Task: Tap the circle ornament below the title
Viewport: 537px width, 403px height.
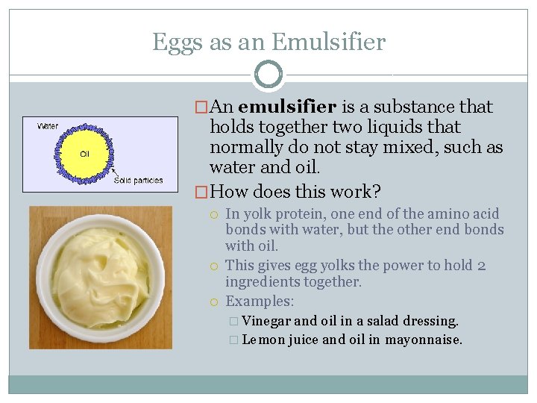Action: [268, 75]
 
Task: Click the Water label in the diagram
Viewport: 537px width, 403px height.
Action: [48, 125]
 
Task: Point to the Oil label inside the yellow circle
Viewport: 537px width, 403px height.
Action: [86, 154]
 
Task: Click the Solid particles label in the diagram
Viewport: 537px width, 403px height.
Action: [139, 181]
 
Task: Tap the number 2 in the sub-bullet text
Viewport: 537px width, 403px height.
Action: [482, 266]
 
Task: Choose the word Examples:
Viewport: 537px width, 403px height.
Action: [260, 302]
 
